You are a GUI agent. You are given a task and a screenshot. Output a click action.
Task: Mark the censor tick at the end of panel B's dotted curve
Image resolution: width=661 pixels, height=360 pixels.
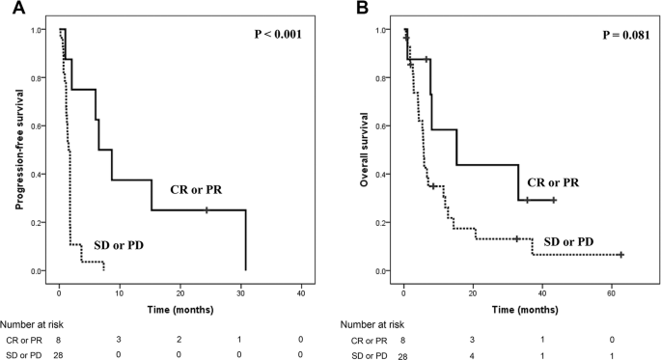pos(621,255)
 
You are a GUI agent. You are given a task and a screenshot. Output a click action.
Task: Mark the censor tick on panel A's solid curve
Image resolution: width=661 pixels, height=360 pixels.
pos(207,210)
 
